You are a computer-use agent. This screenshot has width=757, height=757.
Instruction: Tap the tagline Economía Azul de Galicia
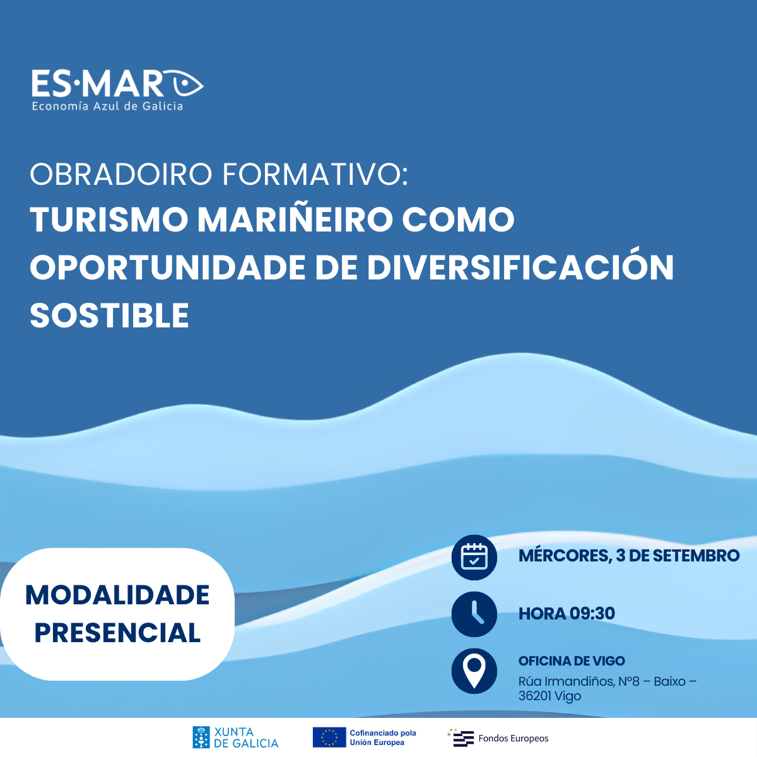107,106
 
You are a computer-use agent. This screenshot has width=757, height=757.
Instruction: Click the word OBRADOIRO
121,174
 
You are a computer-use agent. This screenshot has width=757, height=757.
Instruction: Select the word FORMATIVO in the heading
315,174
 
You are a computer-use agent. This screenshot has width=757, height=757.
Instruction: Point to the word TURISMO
109,220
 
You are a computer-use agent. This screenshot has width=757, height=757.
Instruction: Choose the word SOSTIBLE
110,315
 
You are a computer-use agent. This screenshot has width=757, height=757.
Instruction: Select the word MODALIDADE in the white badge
117,595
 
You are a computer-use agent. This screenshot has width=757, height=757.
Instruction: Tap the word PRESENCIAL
117,633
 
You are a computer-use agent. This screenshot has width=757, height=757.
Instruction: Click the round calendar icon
474,558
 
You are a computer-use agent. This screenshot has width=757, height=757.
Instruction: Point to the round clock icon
474,614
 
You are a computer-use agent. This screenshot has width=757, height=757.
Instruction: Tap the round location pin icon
474,671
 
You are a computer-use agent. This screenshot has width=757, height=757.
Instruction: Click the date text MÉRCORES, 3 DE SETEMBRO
629,556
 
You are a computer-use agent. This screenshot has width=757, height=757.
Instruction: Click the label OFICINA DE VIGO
572,660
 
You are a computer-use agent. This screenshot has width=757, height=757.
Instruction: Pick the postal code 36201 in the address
534,696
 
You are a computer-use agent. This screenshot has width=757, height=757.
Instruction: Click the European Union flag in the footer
329,737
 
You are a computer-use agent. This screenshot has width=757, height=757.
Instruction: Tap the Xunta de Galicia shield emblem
201,737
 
